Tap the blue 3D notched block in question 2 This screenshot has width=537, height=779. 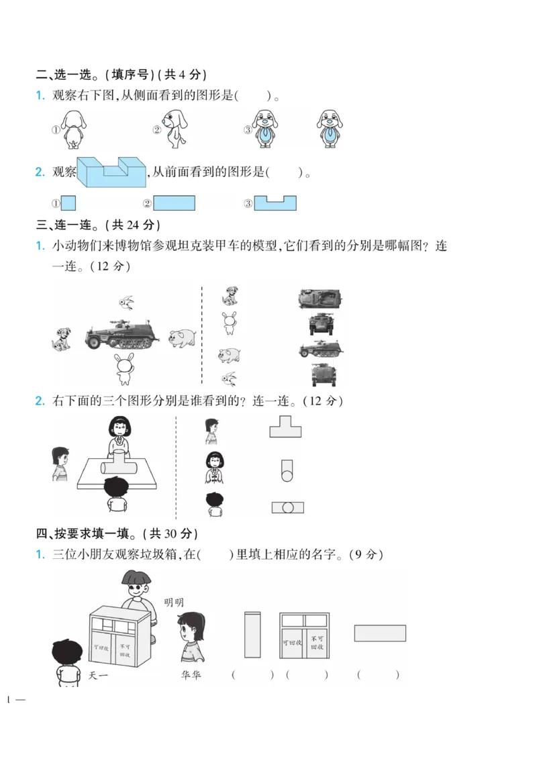pyautogui.click(x=112, y=173)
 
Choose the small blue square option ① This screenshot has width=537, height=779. pyautogui.click(x=68, y=203)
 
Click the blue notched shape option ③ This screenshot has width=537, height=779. pyautogui.click(x=275, y=203)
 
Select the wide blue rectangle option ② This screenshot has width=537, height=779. pyautogui.click(x=174, y=203)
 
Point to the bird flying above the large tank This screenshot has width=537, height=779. pyautogui.click(x=125, y=303)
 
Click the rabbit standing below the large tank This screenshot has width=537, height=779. pyautogui.click(x=124, y=369)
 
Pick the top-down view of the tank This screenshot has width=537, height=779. pyautogui.click(x=320, y=299)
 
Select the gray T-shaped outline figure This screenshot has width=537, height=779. pyautogui.click(x=285, y=426)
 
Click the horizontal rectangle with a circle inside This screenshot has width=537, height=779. pyautogui.click(x=287, y=508)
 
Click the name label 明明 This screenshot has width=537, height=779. pyautogui.click(x=174, y=603)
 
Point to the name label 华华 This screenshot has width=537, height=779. pyautogui.click(x=191, y=675)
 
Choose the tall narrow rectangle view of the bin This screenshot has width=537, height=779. pyautogui.click(x=252, y=634)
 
